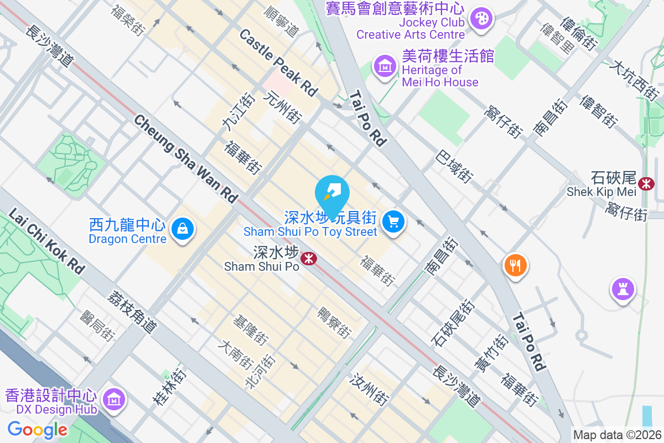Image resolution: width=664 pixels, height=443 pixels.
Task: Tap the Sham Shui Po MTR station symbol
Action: pyautogui.click(x=308, y=257)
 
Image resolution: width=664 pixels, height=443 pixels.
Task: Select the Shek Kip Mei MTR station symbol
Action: pyautogui.click(x=645, y=183)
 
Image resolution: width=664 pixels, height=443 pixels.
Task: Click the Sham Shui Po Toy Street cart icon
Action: pyautogui.click(x=393, y=222)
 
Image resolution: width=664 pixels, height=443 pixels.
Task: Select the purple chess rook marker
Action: pyautogui.click(x=623, y=289)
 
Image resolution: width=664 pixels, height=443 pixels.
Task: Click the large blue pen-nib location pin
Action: pyautogui.click(x=332, y=192)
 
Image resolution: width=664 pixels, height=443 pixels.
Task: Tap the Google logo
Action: pyautogui.click(x=37, y=429)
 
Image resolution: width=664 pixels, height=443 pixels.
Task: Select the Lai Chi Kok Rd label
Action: pyautogui.click(x=47, y=241)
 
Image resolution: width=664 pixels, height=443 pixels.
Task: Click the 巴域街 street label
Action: pyautogui.click(x=454, y=167)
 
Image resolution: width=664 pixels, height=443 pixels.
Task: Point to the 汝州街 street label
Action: pyautogui.click(x=370, y=388)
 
